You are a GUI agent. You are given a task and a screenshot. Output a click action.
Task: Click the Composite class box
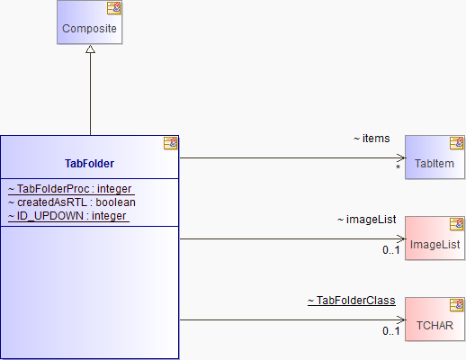[x=89, y=22]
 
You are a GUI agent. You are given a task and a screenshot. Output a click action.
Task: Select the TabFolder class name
[x=89, y=164]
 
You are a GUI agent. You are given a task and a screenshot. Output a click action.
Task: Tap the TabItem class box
[x=435, y=157]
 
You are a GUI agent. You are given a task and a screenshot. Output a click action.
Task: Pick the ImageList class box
[x=435, y=238]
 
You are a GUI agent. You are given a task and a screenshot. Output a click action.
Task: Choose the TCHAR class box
[x=435, y=319]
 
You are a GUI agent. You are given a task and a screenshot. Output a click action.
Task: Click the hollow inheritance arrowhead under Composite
[x=90, y=49]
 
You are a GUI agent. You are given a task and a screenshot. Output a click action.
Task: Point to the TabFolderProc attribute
[x=71, y=189]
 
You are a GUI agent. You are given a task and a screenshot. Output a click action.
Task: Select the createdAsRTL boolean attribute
[x=72, y=202]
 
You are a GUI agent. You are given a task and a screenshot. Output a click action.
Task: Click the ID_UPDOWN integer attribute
[x=68, y=216]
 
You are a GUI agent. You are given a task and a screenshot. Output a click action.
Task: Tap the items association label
[x=372, y=139]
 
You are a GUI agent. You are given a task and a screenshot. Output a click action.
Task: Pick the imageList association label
[x=366, y=220]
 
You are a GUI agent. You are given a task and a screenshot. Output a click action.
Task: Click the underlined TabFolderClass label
[x=352, y=301]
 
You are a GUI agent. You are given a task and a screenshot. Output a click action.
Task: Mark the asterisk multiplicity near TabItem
[x=398, y=167]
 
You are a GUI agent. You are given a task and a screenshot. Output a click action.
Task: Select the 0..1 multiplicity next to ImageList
[x=391, y=250]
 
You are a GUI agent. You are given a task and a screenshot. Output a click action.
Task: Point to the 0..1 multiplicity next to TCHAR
[x=391, y=331]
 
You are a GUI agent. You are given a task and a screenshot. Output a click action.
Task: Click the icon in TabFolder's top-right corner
[x=170, y=143]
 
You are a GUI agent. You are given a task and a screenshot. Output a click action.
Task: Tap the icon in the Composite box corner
[x=114, y=8]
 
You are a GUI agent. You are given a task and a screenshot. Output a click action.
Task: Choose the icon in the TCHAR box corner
[x=457, y=305]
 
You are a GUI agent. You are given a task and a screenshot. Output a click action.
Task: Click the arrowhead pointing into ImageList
[x=401, y=238]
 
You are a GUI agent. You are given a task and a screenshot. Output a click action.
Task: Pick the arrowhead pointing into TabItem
[x=401, y=157]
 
